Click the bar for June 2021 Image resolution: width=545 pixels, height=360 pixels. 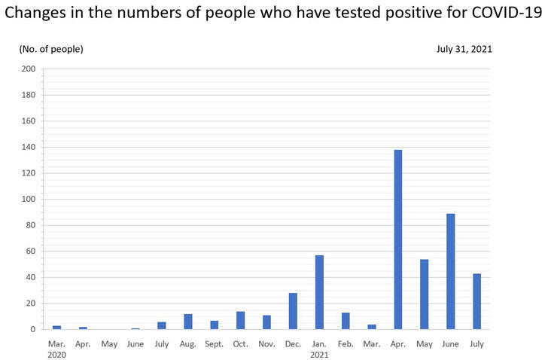450,271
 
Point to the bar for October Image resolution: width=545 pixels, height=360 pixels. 240,320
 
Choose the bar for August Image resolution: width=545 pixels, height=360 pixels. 188,322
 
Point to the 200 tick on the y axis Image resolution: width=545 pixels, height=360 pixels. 29,69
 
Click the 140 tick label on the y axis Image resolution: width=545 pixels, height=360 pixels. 29,148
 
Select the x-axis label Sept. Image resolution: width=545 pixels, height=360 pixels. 214,344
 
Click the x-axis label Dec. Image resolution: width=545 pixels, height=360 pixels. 293,344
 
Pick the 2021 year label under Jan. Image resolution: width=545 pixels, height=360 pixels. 319,355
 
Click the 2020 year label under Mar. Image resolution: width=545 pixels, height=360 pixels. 57,355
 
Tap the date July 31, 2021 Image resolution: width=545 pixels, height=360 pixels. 464,49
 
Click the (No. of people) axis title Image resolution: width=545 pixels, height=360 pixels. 51,49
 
